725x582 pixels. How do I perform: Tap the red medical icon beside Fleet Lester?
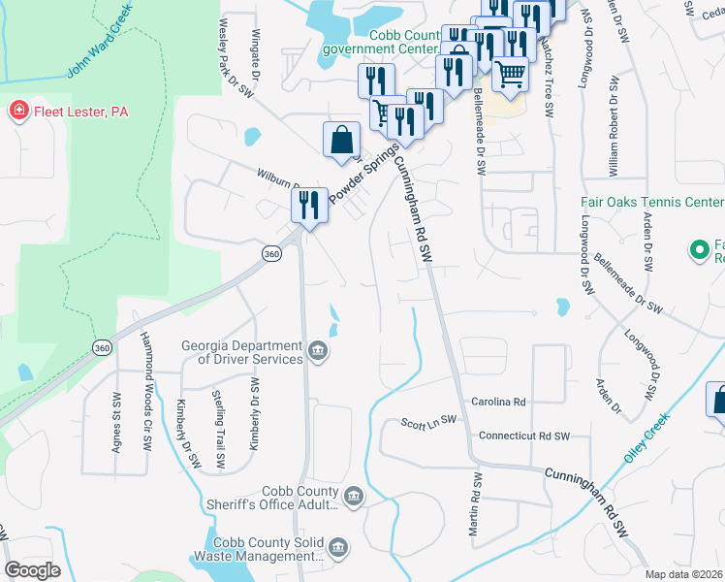[x=17, y=112]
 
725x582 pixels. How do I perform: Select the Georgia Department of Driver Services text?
[x=242, y=352]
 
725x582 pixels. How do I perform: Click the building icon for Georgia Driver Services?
[x=318, y=351]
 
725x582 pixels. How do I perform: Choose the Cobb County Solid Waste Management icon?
[x=337, y=550]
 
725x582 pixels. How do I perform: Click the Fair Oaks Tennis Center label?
[x=651, y=202]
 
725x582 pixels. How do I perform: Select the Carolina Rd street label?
[x=498, y=401]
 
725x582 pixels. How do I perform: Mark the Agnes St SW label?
[x=117, y=423]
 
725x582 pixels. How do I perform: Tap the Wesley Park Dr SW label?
[x=236, y=58]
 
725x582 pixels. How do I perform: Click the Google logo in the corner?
[x=32, y=570]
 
